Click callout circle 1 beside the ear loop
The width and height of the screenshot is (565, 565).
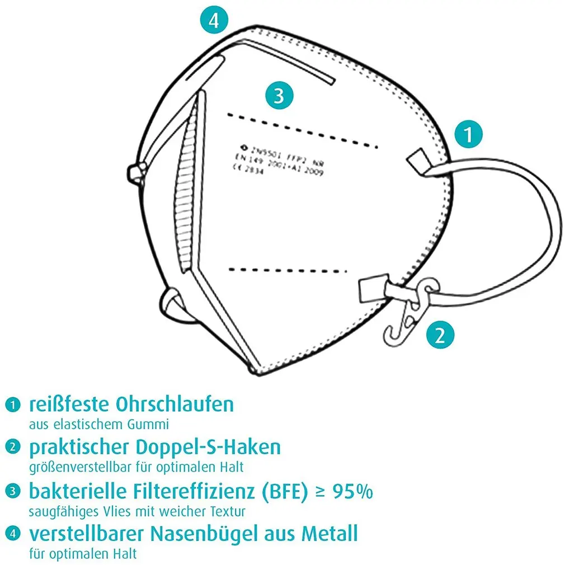(469, 134)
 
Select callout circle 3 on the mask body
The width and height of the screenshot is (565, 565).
(280, 96)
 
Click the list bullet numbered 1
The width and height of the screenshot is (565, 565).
(11, 404)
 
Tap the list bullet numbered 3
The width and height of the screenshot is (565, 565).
(11, 492)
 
